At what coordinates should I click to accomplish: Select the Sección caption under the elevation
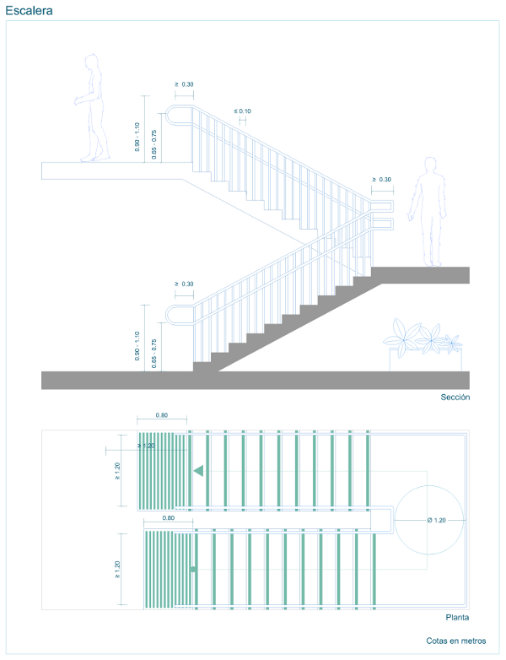pyautogui.click(x=455, y=397)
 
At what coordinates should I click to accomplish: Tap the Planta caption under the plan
pyautogui.click(x=457, y=617)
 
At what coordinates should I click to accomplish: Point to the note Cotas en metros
pyautogui.click(x=455, y=641)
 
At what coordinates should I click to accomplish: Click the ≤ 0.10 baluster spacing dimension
pyautogui.click(x=242, y=111)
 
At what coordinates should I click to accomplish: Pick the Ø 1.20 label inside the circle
pyautogui.click(x=435, y=520)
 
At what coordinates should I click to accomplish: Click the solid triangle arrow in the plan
pyautogui.click(x=199, y=471)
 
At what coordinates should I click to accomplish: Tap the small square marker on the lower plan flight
pyautogui.click(x=193, y=570)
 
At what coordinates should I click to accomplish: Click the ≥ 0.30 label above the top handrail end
pyautogui.click(x=184, y=84)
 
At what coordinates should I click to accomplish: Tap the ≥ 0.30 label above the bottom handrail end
pyautogui.click(x=184, y=284)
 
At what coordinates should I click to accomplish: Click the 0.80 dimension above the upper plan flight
pyautogui.click(x=163, y=415)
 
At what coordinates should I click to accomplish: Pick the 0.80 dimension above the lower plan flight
pyautogui.click(x=168, y=517)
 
